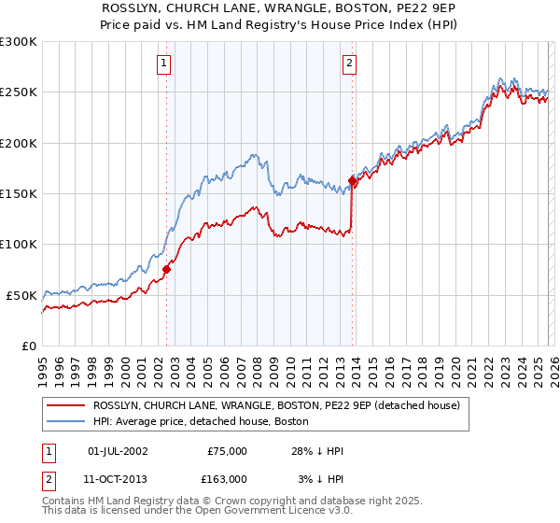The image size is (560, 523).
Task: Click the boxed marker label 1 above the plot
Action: [163, 64]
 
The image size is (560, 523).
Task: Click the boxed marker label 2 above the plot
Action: [349, 64]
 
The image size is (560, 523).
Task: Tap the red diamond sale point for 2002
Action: [166, 269]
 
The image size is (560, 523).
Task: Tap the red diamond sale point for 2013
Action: [352, 180]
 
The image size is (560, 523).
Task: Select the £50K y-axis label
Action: [21, 295]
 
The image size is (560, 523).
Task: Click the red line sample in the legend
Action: [65, 406]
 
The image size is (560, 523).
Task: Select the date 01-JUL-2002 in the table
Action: [117, 451]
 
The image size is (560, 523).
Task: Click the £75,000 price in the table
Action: [227, 451]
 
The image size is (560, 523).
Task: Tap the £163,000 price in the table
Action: [224, 479]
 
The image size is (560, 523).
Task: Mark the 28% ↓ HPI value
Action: [317, 451]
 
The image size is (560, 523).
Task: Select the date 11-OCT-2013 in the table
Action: [117, 479]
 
